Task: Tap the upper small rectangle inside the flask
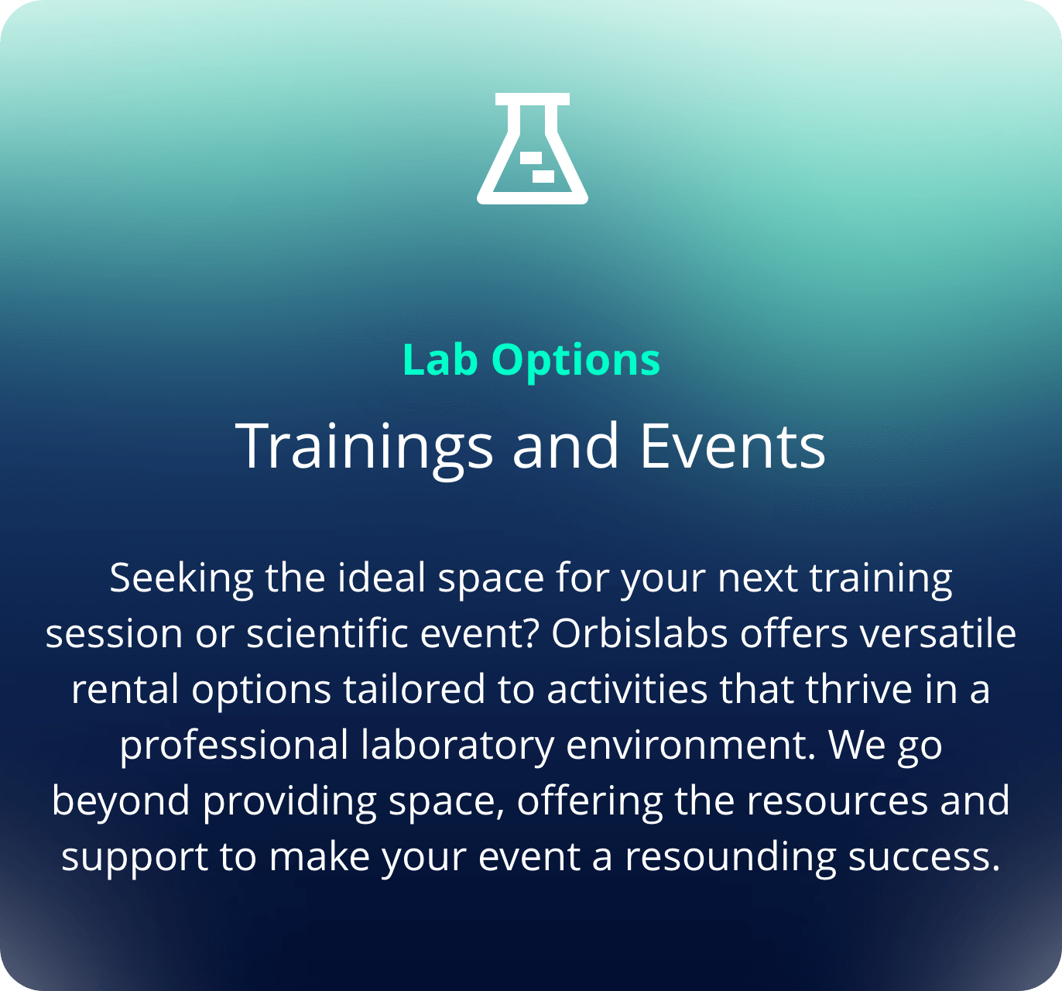click(531, 157)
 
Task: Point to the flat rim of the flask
click(532, 99)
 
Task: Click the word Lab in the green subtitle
click(440, 359)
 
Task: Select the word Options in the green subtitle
click(576, 362)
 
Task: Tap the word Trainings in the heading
click(364, 448)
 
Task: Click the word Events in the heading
click(732, 446)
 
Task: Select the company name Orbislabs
click(639, 633)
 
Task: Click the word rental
click(125, 689)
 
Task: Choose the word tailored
click(414, 689)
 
